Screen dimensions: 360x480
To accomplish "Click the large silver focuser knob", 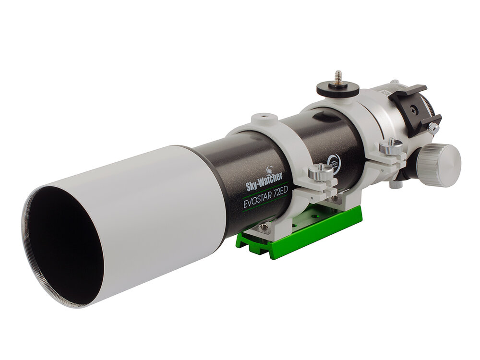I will (439, 164).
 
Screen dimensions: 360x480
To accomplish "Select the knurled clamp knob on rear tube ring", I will (391, 146).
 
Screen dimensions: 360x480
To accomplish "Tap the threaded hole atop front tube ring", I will (264, 116).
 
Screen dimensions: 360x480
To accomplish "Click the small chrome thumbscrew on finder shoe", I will (433, 128).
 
